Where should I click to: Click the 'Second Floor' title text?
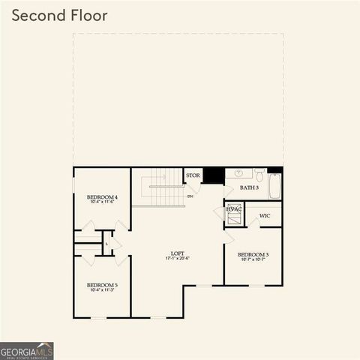pyautogui.click(x=60, y=16)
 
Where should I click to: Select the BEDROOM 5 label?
pyautogui.click(x=101, y=285)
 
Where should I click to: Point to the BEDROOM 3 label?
pyautogui.click(x=253, y=255)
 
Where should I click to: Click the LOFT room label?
pyautogui.click(x=178, y=253)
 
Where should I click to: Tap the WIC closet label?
pyautogui.click(x=264, y=216)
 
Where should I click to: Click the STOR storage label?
pyautogui.click(x=193, y=175)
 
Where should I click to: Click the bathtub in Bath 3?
pyautogui.click(x=274, y=185)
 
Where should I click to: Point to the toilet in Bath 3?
pyautogui.click(x=258, y=175)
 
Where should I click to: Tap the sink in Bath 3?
pyautogui.click(x=238, y=173)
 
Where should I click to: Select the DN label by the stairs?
pyautogui.click(x=190, y=196)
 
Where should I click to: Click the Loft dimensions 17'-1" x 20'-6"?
pyautogui.click(x=178, y=259)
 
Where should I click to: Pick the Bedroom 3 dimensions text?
pyautogui.click(x=253, y=261)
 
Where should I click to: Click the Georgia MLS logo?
pyautogui.click(x=27, y=351)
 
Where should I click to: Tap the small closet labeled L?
pyautogui.click(x=107, y=244)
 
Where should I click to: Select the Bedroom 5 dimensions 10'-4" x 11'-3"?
pyautogui.click(x=101, y=291)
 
